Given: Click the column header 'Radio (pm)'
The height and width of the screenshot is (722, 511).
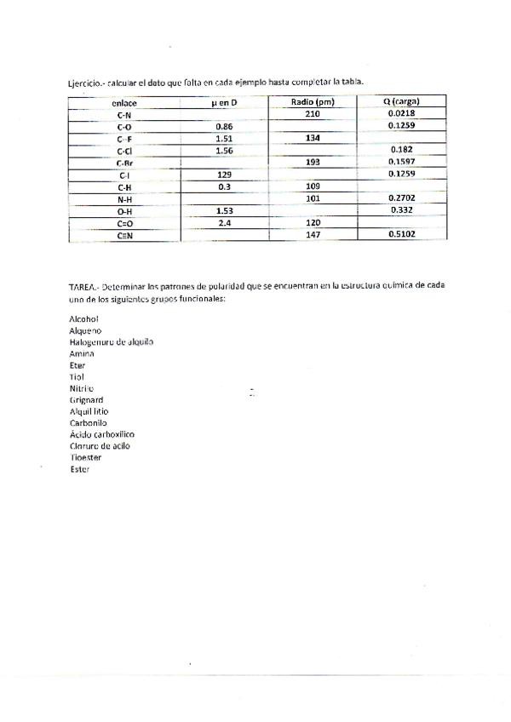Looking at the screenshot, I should click(x=311, y=102).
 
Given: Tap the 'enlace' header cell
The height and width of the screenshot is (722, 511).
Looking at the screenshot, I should click(x=124, y=103).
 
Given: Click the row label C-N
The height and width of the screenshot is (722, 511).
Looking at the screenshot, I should click(x=124, y=114).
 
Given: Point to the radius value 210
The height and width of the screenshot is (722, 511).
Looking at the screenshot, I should click(x=312, y=113).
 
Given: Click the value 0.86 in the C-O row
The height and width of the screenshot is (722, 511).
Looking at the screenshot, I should click(x=224, y=126).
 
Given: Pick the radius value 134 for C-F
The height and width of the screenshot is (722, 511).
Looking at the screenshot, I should click(x=312, y=137).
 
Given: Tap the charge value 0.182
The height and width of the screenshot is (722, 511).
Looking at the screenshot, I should click(x=401, y=149).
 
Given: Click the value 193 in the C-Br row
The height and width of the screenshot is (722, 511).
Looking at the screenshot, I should click(x=312, y=161).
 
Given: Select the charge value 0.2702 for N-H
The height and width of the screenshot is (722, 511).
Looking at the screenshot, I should click(x=401, y=197).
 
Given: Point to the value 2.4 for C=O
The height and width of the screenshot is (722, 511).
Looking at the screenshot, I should click(x=224, y=221).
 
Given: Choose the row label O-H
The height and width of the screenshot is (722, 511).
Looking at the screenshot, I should click(x=124, y=210).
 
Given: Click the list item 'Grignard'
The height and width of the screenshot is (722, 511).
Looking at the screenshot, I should click(x=86, y=399).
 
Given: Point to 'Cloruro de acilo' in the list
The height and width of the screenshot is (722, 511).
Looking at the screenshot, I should click(x=100, y=445).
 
